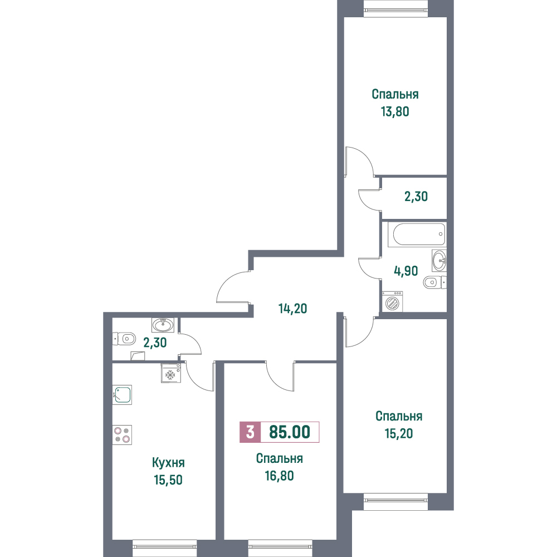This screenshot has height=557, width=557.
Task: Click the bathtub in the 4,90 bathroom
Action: click(x=416, y=234)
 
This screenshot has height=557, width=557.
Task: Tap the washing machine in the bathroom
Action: click(x=392, y=301)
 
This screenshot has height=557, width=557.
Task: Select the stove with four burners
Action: click(x=122, y=435)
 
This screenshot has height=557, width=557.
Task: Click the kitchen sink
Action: click(x=122, y=395)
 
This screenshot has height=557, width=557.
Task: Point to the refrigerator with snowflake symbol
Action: click(x=171, y=373)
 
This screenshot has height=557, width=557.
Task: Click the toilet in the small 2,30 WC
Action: click(x=124, y=339)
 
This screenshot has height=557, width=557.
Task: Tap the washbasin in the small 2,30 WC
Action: click(x=163, y=325)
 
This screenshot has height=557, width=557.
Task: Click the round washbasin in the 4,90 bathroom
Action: click(x=439, y=260)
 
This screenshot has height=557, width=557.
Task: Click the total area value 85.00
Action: click(x=290, y=432)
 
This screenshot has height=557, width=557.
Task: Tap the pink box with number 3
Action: click(x=250, y=432)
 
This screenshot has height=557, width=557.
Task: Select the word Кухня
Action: click(x=168, y=463)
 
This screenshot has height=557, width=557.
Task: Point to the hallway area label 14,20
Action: click(x=293, y=309)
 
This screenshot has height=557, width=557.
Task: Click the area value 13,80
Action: click(x=395, y=111)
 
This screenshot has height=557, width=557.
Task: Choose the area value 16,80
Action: click(x=279, y=476)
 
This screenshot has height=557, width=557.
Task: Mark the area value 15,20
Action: click(x=399, y=433)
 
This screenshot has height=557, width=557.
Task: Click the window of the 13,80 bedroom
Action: click(x=395, y=8)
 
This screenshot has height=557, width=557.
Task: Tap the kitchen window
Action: click(x=164, y=549)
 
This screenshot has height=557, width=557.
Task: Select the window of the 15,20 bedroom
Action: click(x=395, y=502)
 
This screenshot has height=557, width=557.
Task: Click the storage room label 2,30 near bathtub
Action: click(x=416, y=197)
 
